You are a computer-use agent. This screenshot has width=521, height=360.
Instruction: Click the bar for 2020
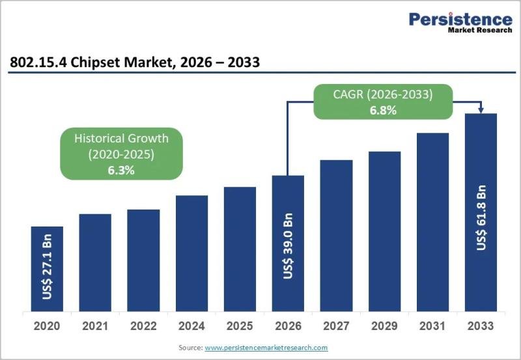pos(47,269)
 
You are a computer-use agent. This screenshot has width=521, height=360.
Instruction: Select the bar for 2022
pos(143,260)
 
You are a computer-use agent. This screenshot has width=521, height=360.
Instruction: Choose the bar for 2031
pos(432,222)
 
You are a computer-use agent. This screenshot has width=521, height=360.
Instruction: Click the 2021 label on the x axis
pos(95,325)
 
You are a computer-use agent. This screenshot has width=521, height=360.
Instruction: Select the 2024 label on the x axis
pos(191,325)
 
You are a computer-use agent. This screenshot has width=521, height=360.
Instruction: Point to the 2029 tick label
pos(384,325)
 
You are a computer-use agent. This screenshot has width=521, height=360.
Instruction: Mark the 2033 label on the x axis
pos(481,325)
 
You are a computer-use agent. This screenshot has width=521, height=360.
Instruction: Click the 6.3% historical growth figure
pos(121,171)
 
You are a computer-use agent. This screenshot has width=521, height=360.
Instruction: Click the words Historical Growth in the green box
pos(121,138)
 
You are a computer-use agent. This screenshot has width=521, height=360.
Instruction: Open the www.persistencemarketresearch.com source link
pos(266,348)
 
